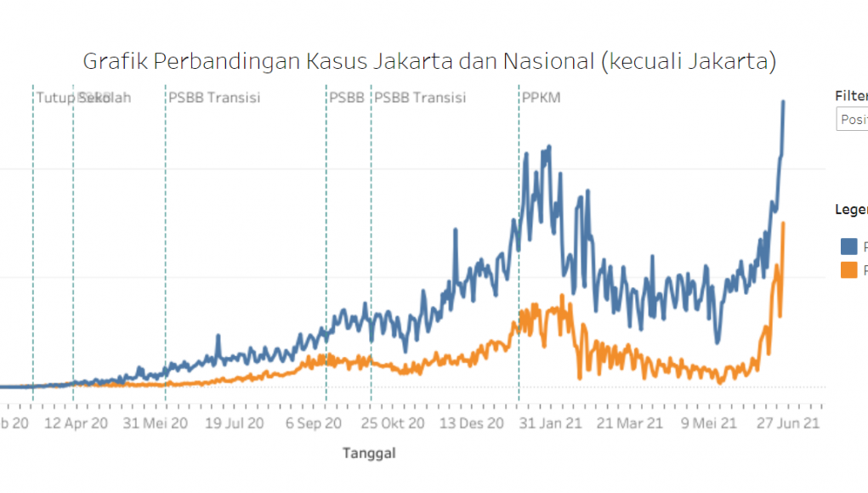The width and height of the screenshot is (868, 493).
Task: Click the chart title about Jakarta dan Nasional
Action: point(429,61)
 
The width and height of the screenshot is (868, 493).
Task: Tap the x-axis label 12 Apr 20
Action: point(77,422)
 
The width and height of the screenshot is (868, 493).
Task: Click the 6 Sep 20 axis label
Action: point(313,422)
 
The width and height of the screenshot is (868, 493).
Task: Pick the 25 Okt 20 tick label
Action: point(393,422)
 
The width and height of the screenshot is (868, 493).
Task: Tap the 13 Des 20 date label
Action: point(472,422)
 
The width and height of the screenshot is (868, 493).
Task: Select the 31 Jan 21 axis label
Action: point(550,422)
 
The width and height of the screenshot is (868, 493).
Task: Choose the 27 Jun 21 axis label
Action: point(789,422)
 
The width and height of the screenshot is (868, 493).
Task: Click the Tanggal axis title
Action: point(369,453)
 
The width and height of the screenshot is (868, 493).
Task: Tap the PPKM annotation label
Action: point(541,98)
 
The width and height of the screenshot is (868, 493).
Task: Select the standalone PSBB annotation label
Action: point(347,98)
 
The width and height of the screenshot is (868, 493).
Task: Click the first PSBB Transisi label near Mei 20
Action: point(214,98)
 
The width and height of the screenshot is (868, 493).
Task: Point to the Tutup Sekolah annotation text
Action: point(73,98)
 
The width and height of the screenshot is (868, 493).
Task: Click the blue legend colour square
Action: point(848,246)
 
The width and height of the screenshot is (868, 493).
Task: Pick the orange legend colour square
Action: point(848,269)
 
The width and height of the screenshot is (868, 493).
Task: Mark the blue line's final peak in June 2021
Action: point(783,101)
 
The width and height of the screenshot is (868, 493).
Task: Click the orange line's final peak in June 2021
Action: point(782,224)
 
